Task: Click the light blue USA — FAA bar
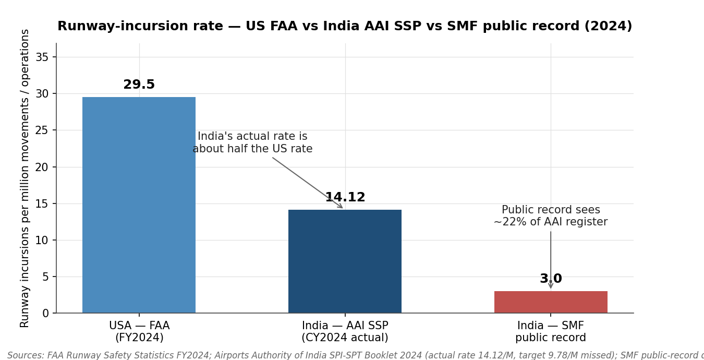139,205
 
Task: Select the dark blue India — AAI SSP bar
345,261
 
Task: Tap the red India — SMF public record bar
551,302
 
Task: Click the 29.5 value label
139,85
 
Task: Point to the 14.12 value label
345,198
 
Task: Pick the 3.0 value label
551,279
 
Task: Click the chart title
344,27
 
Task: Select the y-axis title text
25,178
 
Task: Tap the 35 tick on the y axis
42,57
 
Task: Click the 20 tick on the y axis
42,167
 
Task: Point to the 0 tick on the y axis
45,313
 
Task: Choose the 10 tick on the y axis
42,240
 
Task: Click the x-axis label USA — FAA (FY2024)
139,332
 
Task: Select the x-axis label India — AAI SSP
345,332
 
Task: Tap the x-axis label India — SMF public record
551,332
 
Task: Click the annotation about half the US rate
252,143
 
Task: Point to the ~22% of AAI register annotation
551,216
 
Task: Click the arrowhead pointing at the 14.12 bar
341,207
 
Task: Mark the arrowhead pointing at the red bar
551,286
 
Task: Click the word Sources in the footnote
25,355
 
